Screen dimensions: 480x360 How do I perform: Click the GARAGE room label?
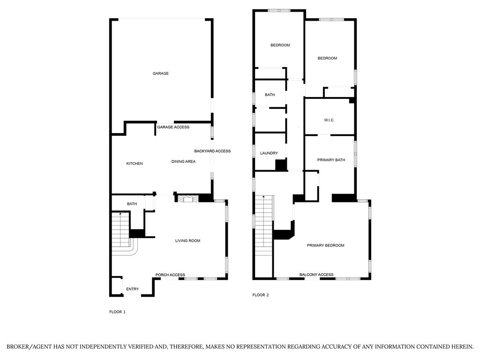tap(161, 74)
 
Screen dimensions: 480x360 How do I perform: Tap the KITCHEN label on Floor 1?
tap(135, 164)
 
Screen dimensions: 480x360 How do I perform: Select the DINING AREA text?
tap(183, 161)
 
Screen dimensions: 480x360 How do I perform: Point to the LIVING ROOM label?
tap(187, 240)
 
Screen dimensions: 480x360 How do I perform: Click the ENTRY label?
tap(133, 289)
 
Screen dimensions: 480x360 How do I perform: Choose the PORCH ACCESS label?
tap(170, 275)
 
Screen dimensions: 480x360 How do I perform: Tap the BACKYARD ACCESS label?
tap(212, 151)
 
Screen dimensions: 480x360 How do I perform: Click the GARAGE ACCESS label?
tap(173, 127)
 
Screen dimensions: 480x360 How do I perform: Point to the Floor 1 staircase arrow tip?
tap(120, 213)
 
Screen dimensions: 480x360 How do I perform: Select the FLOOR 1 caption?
tap(118, 312)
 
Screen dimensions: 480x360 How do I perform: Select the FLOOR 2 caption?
tap(261, 295)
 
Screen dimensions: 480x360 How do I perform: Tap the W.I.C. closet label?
tap(329, 120)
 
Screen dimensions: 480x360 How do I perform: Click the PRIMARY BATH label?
tap(331, 160)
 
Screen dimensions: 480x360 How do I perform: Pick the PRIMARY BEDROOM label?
tap(326, 245)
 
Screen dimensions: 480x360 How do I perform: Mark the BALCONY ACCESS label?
tap(316, 275)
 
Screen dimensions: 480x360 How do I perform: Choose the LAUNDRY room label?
tap(269, 153)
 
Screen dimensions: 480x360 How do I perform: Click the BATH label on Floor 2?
tap(270, 95)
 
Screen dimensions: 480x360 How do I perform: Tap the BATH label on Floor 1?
tap(132, 204)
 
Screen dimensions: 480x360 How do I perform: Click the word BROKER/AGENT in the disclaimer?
tap(30, 347)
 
